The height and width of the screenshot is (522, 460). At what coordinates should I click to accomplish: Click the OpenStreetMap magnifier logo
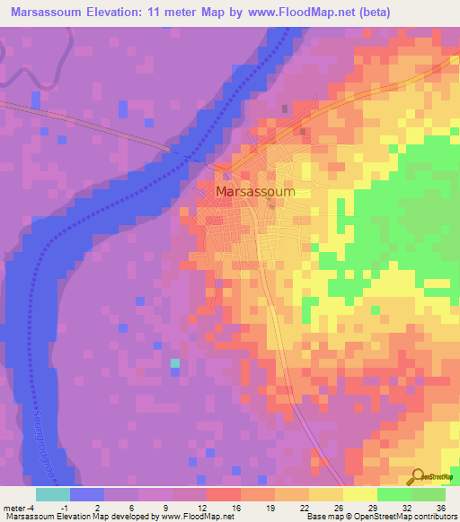[419, 476]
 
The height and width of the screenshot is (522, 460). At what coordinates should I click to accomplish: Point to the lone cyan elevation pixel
[175, 363]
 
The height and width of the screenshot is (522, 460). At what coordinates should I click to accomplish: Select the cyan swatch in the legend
[53, 494]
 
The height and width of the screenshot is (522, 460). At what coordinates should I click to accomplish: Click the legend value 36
[440, 508]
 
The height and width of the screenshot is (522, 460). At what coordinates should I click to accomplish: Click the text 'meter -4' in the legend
[20, 508]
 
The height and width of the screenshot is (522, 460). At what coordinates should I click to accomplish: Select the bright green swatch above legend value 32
[394, 494]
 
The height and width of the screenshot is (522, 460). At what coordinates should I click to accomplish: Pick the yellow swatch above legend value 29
[359, 494]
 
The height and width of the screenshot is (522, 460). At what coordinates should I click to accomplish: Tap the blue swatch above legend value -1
[87, 494]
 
